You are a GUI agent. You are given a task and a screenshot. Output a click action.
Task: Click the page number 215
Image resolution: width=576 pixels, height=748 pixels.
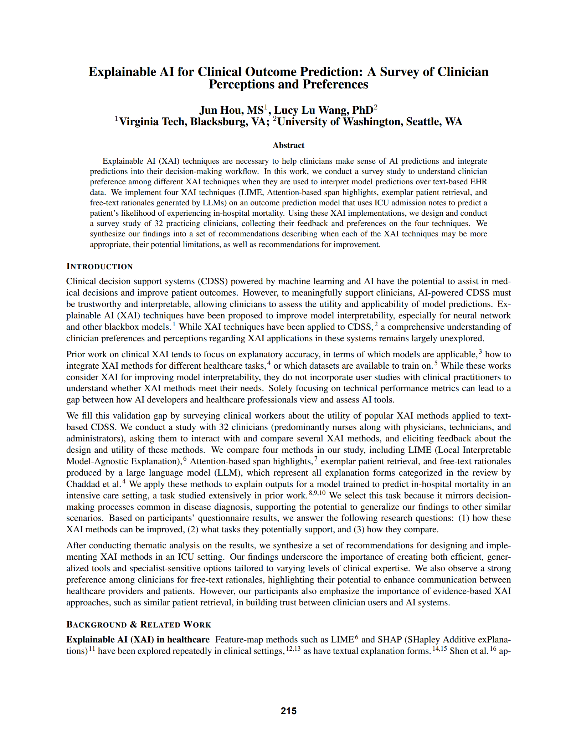(288, 711)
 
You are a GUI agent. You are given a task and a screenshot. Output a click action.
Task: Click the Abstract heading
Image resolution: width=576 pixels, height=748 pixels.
(288, 145)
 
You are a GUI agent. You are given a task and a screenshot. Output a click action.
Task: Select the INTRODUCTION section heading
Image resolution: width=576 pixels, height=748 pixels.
(99, 266)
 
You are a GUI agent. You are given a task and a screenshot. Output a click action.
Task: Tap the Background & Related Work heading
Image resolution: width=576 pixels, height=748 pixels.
(139, 624)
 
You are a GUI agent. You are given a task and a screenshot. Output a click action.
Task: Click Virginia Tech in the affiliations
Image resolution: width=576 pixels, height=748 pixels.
(153, 122)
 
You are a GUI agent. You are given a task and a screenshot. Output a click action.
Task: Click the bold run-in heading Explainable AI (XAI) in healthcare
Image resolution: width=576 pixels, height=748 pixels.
(138, 639)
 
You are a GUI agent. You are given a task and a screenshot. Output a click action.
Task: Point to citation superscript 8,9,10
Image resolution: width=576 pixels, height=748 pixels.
(317, 493)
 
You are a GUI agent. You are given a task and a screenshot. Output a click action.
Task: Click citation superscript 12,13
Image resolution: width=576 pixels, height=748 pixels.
(293, 649)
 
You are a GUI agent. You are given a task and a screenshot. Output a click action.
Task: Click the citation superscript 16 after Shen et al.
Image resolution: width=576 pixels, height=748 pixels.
(493, 649)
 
